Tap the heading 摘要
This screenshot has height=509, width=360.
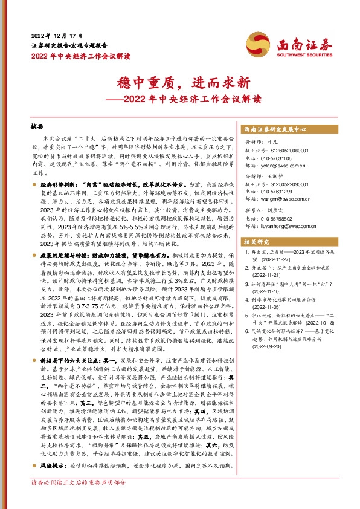click(37, 128)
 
